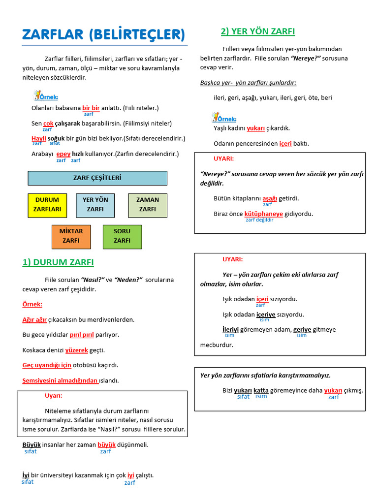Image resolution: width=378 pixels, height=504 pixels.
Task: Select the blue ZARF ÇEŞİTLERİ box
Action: coord(97,178)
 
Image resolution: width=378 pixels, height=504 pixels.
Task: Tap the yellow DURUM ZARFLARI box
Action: coord(47,205)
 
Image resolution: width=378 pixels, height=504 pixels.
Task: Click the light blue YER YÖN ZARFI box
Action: coord(95,205)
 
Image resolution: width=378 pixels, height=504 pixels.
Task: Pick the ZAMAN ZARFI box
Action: coord(148,205)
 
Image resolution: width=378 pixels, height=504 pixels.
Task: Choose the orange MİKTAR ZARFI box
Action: coord(71,236)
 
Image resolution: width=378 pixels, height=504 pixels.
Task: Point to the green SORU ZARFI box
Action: coord(122,236)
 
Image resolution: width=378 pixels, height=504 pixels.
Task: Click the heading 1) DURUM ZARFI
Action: coord(58,262)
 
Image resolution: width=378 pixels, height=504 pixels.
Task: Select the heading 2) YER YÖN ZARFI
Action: coord(257,31)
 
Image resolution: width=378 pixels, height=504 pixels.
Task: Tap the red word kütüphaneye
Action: coord(264,214)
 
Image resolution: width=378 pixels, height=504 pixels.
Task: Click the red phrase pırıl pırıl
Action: coord(81,335)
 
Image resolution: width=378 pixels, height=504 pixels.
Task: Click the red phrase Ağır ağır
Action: coord(34,319)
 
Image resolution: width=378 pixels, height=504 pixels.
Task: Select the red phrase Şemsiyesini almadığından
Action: coord(60,380)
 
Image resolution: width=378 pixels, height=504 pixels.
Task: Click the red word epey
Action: coord(63,154)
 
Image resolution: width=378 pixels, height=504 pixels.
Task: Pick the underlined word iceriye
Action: coord(266,315)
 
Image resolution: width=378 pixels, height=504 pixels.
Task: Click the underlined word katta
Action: coord(261,390)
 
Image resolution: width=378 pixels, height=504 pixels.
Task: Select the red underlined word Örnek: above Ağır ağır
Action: coord(32,304)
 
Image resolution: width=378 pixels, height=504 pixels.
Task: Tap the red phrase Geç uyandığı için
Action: coord(47,365)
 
